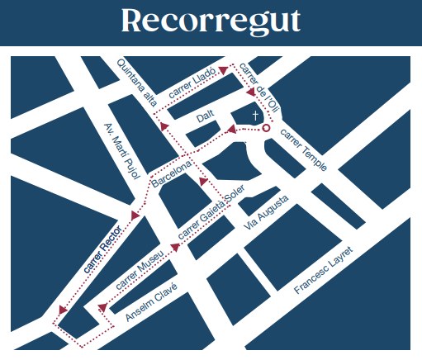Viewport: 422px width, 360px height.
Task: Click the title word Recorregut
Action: click(211, 21)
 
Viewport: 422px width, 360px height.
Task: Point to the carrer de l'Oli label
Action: click(258, 88)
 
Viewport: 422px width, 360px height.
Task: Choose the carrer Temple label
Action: click(305, 149)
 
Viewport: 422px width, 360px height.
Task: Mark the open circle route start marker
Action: click(266, 129)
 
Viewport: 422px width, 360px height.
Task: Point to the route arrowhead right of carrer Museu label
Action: click(176, 245)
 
